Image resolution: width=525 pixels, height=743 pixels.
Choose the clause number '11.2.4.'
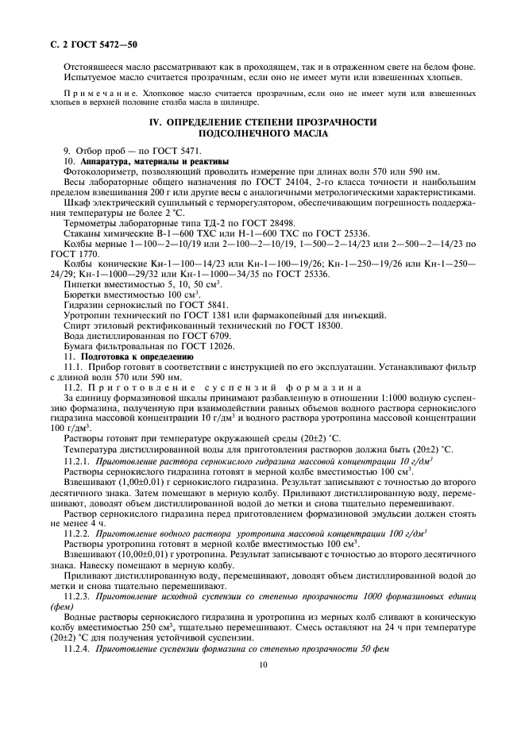[x=77, y=649]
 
